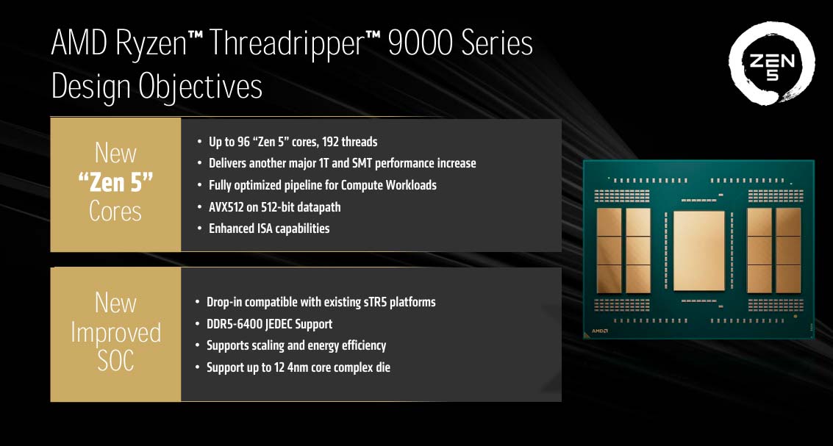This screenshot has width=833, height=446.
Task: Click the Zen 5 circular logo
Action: (x=771, y=63)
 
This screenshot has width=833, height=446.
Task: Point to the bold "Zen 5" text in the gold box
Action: (x=115, y=184)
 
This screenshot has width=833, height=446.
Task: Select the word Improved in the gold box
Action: (x=115, y=333)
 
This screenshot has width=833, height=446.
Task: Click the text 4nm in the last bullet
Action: (x=301, y=367)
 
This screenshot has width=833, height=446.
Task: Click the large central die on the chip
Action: (x=698, y=251)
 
